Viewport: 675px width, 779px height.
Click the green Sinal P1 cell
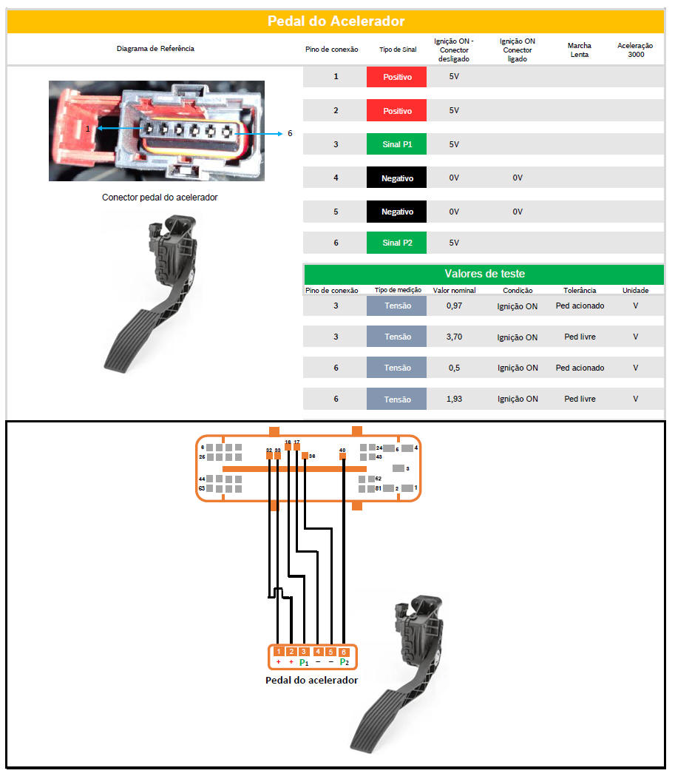(x=396, y=144)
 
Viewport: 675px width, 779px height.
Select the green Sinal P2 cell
(x=396, y=243)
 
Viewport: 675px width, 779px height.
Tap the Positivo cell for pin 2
(x=396, y=110)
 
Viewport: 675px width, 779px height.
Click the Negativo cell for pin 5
(x=396, y=212)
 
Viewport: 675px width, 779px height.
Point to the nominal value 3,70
(x=454, y=337)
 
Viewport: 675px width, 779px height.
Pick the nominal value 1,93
(x=454, y=399)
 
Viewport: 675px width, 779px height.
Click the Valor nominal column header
(x=454, y=290)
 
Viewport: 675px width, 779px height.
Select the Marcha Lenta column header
(x=579, y=50)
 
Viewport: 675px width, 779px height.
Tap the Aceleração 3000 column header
(x=635, y=50)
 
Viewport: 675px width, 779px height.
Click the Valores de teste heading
(x=484, y=274)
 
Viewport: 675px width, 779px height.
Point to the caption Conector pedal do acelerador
(x=160, y=198)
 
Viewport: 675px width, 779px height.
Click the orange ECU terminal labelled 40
(x=342, y=456)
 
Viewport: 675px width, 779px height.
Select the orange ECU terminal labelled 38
(x=305, y=456)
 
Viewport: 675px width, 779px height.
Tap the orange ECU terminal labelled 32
(x=269, y=456)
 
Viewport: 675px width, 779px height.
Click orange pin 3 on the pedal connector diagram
(x=304, y=651)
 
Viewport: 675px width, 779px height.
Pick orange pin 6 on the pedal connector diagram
(x=344, y=652)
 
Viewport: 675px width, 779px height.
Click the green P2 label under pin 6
(x=344, y=662)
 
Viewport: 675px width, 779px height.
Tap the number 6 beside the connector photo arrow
(x=290, y=133)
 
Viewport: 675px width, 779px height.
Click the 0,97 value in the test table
(x=454, y=306)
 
